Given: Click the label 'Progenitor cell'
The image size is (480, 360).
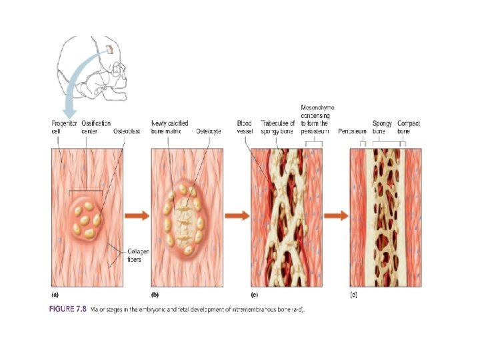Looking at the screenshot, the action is [x=64, y=127].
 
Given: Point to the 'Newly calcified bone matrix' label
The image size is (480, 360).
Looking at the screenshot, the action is [x=169, y=127].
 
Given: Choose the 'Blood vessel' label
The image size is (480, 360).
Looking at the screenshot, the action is [x=245, y=127].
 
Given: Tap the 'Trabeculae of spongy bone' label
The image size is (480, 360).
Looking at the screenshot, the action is [x=277, y=127].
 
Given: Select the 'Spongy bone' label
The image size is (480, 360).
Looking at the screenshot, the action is [x=382, y=127].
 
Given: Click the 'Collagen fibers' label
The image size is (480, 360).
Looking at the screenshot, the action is [x=138, y=255].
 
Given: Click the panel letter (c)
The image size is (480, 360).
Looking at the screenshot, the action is [x=254, y=294].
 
